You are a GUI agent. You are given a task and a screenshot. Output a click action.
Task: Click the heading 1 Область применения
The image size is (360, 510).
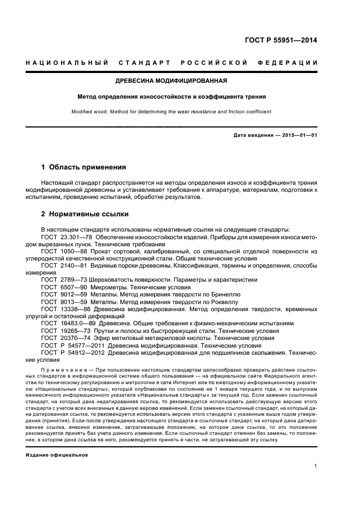pos(84,167)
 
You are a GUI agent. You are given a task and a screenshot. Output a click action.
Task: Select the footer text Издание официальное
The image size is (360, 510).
pos(57,455)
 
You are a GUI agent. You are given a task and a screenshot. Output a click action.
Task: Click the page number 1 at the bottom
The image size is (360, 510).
pos(316,466)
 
